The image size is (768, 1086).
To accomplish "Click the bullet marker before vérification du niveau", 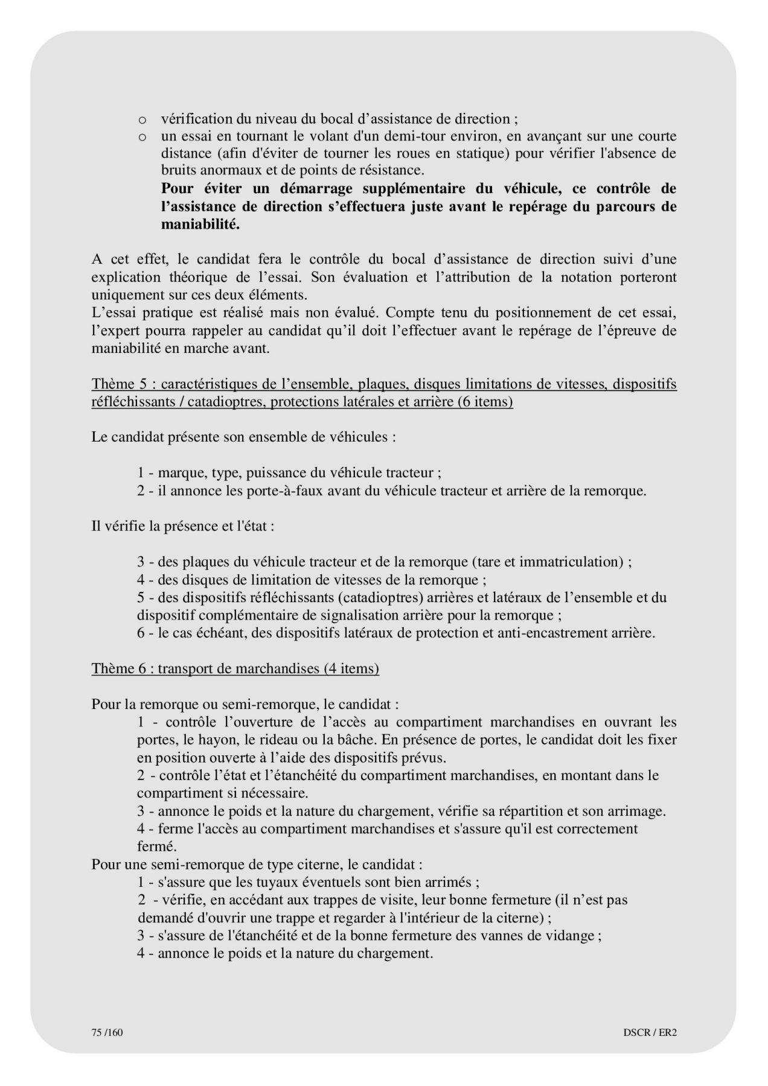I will pyautogui.click(x=142, y=119).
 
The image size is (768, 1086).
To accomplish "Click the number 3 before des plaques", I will pyautogui.click(x=141, y=562).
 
